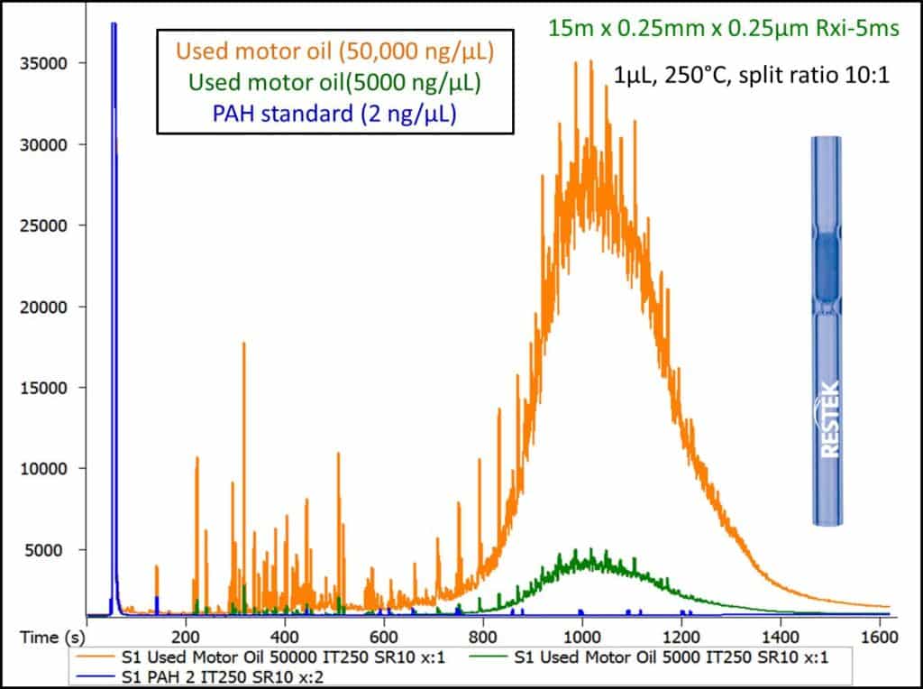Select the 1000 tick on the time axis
(581, 637)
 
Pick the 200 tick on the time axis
(186, 637)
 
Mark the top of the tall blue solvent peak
(114, 24)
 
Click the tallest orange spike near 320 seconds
(243, 344)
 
